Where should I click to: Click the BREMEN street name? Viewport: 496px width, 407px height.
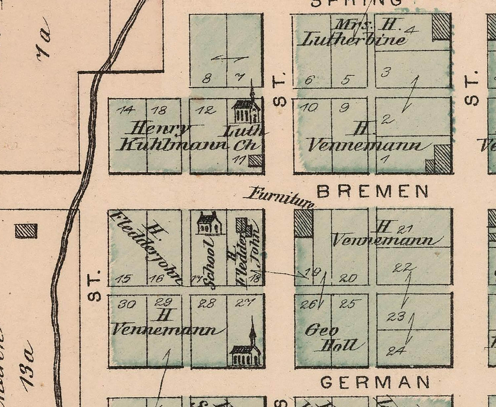click(x=373, y=191)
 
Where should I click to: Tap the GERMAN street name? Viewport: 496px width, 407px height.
click(x=375, y=382)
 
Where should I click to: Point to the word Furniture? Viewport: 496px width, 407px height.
click(x=279, y=197)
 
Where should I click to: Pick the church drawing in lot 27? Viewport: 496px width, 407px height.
click(x=246, y=347)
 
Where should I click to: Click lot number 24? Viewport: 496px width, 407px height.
click(x=396, y=351)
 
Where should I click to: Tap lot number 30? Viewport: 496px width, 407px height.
click(x=127, y=304)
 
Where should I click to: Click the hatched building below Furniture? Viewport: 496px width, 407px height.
click(x=304, y=224)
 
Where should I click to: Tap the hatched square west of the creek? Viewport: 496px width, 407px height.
click(x=26, y=231)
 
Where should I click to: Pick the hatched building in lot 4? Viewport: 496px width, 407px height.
click(x=442, y=26)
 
